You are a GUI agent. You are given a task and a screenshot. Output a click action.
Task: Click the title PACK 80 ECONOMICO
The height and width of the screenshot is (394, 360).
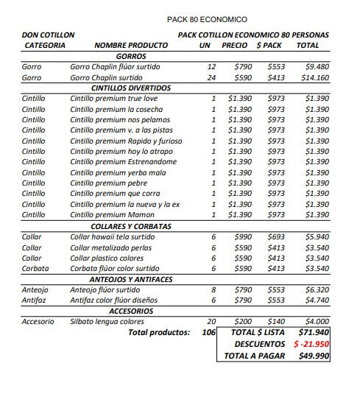208,19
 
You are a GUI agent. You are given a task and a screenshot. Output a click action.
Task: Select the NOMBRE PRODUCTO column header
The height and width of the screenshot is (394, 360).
131,46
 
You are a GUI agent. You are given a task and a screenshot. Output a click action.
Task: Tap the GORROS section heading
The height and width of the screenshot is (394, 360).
131,56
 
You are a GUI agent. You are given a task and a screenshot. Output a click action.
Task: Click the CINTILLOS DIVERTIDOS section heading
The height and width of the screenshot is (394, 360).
131,88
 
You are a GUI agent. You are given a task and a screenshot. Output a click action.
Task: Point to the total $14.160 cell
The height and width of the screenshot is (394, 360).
313,77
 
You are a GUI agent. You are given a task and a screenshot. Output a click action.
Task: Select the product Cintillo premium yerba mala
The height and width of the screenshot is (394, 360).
117,172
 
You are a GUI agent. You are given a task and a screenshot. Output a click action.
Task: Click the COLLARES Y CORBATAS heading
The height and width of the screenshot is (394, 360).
131,226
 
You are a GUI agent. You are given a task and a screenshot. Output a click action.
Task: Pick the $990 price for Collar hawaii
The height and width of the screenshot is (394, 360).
242,237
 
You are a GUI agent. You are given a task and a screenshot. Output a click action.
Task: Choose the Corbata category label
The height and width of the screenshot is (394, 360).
35,269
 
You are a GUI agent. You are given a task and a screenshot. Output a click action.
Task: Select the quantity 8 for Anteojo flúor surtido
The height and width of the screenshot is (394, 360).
213,290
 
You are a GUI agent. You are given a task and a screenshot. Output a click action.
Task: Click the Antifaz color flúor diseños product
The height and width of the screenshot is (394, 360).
114,300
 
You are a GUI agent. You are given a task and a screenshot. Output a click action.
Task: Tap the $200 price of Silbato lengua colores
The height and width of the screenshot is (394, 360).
242,322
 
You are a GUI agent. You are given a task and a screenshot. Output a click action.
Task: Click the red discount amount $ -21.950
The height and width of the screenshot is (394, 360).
311,344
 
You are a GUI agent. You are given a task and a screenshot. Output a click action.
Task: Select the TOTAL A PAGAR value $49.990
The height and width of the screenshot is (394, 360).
314,355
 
